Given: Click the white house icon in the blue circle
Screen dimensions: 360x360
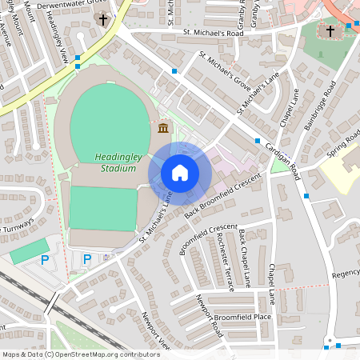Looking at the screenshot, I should (x=180, y=173).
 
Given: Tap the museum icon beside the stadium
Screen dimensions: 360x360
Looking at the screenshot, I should (x=162, y=128).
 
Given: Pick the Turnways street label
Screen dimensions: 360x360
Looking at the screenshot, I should (x=17, y=223).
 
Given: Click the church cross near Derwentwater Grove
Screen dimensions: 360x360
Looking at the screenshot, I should (x=102, y=18).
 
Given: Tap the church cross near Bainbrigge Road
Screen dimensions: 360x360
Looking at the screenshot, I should (x=330, y=31).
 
